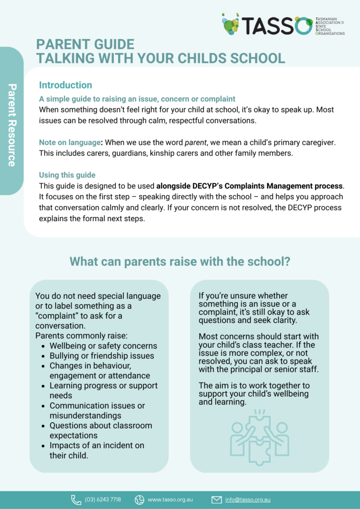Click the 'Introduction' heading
point(65,85)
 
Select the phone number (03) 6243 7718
point(102,500)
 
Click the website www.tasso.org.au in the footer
point(170,500)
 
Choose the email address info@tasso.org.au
point(248,500)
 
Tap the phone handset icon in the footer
point(76,500)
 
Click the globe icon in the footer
point(139,500)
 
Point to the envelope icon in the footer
point(216,500)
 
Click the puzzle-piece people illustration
point(259,438)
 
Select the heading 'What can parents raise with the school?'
point(180,261)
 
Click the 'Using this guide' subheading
point(67,175)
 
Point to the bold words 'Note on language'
point(70,143)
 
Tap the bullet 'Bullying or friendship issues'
point(101,356)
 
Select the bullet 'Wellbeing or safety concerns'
point(103,346)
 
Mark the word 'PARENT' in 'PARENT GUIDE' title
point(63,45)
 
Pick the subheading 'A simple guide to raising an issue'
point(137,99)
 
